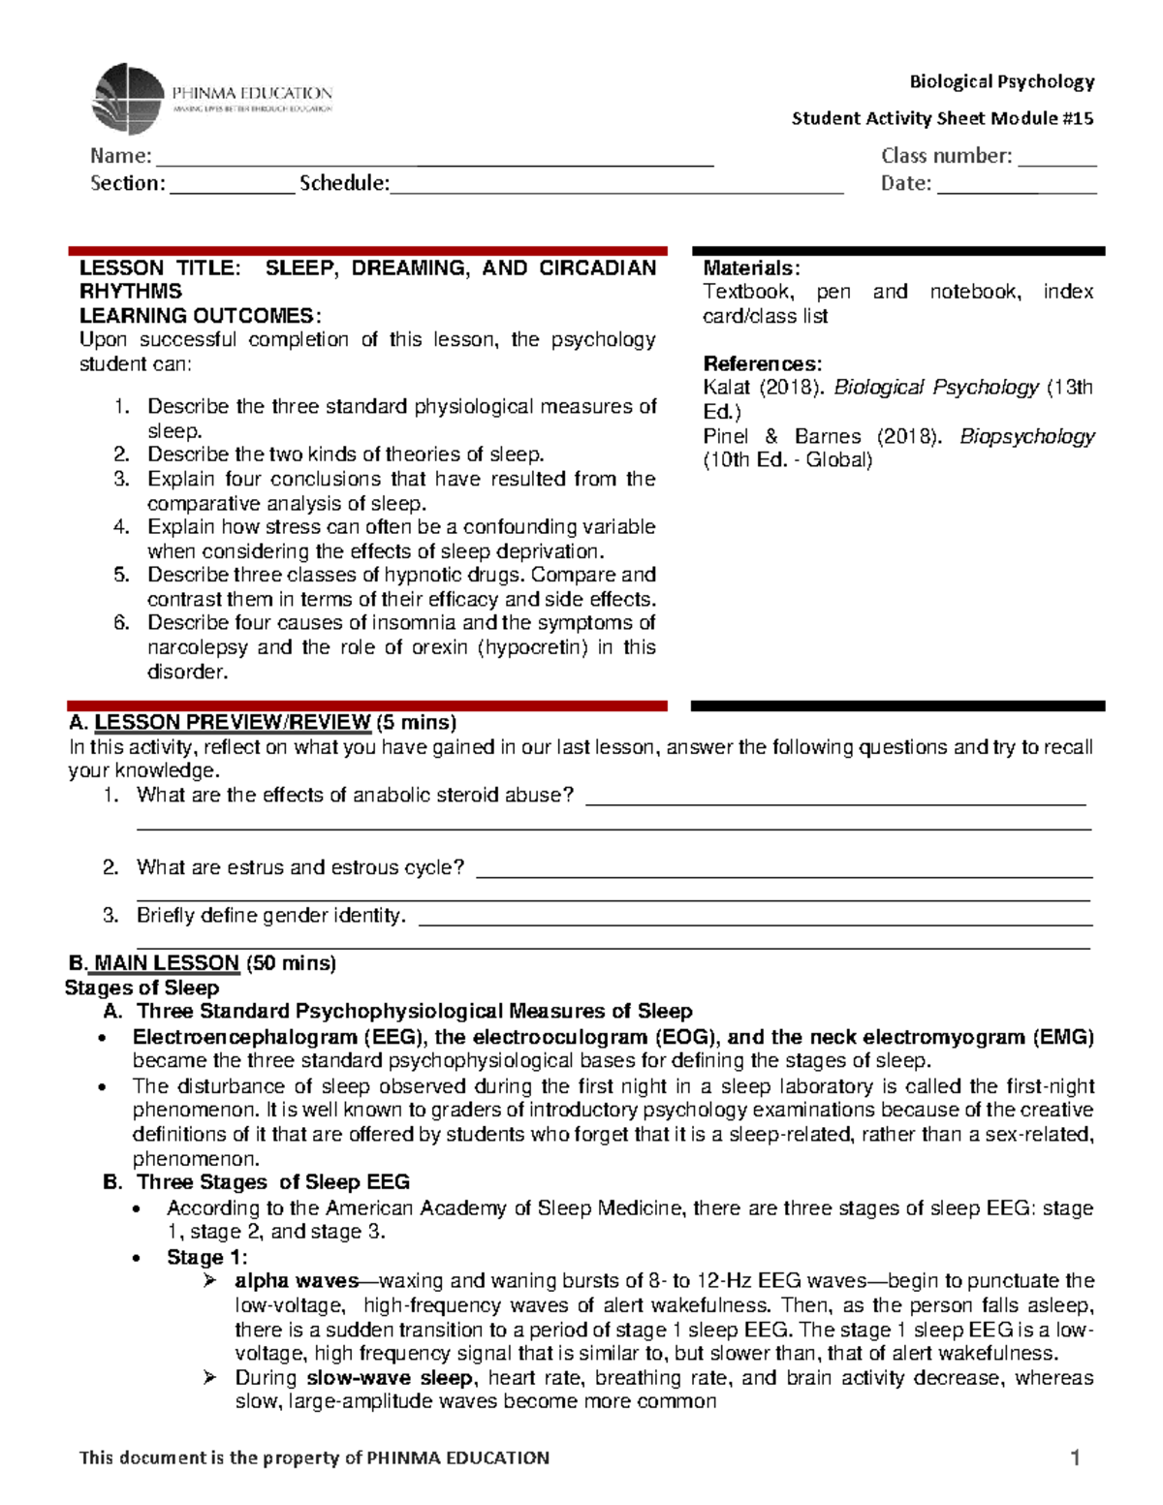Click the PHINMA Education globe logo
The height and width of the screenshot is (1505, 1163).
(127, 99)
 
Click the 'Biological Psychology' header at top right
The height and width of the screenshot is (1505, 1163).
(1001, 81)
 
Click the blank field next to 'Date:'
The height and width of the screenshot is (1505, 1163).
(1016, 186)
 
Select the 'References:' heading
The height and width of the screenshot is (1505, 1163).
(762, 364)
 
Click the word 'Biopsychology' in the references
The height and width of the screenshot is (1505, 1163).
(1026, 436)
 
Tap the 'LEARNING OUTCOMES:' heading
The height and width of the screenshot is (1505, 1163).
(200, 316)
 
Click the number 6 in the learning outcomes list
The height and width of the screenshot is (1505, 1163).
(121, 623)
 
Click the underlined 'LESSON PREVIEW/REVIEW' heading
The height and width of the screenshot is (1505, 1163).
(233, 722)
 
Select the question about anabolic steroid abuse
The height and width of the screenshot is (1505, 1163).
(355, 796)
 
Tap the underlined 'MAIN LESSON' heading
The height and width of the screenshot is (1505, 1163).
(166, 963)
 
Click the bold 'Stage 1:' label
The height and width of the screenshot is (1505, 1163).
(206, 1257)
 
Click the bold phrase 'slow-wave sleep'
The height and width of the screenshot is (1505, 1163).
(390, 1378)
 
